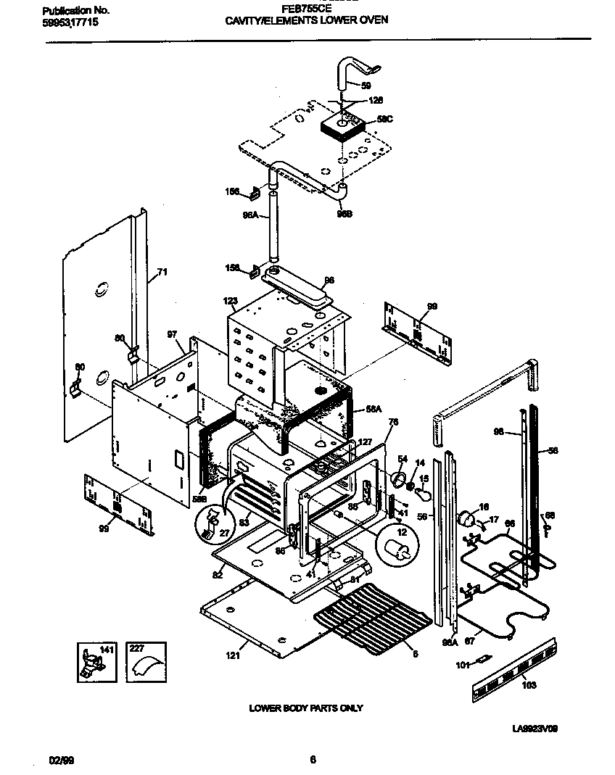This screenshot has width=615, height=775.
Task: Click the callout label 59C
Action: click(384, 119)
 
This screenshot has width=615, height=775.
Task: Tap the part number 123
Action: click(230, 300)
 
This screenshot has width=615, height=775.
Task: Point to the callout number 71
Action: click(162, 273)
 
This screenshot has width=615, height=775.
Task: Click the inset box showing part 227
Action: click(146, 661)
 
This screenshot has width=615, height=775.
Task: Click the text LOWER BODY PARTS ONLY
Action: click(306, 708)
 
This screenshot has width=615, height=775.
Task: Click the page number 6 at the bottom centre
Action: click(313, 760)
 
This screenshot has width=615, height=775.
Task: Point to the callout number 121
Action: click(231, 655)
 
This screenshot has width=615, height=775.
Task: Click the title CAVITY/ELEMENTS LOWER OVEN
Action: click(306, 20)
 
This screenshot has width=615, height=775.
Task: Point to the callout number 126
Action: click(376, 101)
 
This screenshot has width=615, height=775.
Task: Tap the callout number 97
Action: click(172, 334)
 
